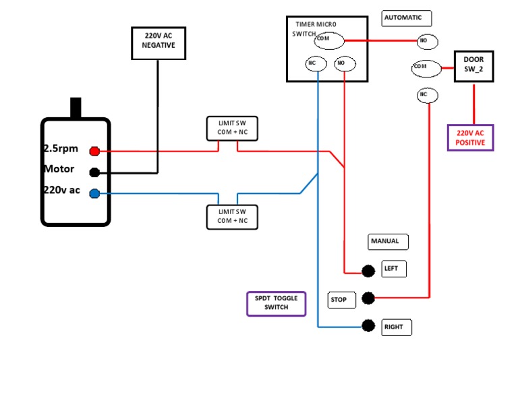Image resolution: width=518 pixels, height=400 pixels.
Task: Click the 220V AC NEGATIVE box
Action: [x=158, y=43]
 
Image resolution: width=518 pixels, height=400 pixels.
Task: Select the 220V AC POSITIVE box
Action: [x=470, y=137]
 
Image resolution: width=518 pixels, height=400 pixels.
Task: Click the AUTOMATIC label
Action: [x=406, y=18]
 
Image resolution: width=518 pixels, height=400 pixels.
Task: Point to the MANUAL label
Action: [x=388, y=241]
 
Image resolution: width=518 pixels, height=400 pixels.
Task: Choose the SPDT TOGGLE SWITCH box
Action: [x=276, y=303]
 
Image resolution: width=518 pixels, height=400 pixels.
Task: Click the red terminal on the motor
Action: [x=95, y=151]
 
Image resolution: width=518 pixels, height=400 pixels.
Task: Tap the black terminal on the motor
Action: [x=95, y=172]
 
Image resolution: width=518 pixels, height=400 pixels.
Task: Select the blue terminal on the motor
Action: [x=95, y=194]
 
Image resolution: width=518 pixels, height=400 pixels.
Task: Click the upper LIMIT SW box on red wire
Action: [x=232, y=128]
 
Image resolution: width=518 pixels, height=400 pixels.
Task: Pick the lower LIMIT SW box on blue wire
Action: [x=232, y=217]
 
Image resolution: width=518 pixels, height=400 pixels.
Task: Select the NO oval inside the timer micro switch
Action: [x=344, y=64]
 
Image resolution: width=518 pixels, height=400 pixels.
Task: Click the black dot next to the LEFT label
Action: [x=368, y=271]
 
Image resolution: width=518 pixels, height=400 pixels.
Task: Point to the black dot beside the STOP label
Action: [x=368, y=298]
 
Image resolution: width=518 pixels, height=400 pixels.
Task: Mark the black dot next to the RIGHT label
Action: [x=368, y=326]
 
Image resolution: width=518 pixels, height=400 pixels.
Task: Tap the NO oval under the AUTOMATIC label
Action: [x=427, y=42]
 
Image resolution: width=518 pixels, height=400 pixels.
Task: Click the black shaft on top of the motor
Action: [x=76, y=108]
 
